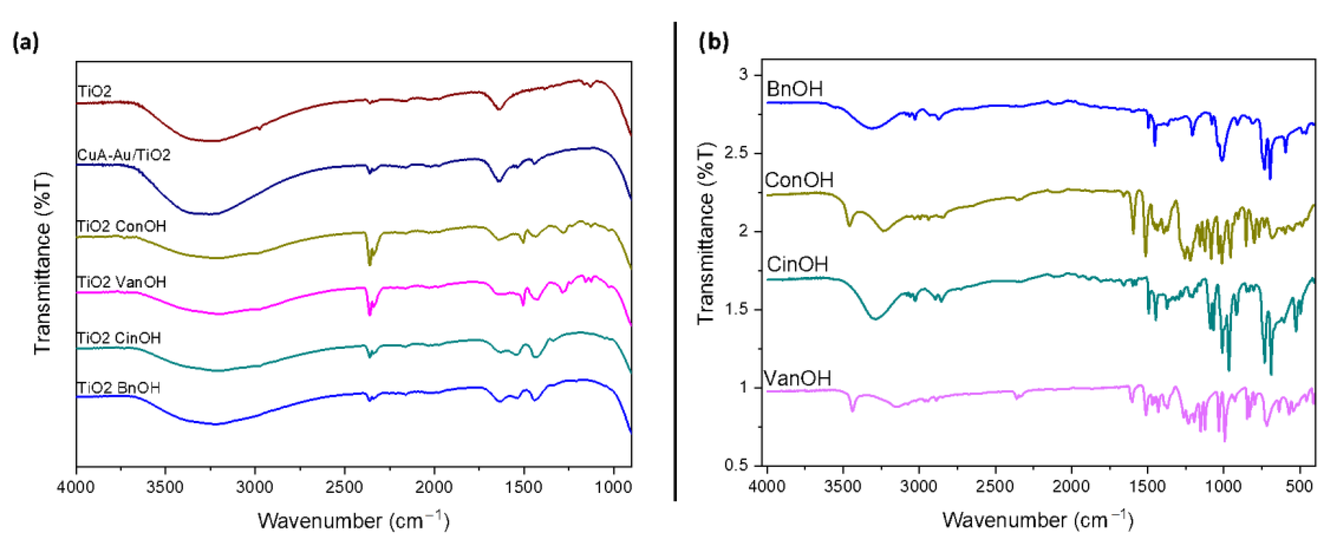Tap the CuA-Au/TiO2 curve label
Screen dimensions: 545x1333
point(124,155)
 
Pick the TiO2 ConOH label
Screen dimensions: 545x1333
point(122,226)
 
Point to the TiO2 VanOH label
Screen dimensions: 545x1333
point(122,282)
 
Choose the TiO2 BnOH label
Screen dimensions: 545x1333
point(118,388)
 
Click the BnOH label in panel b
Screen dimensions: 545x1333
point(794,89)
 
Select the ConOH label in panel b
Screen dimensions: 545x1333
point(799,180)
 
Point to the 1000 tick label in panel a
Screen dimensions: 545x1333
point(613,488)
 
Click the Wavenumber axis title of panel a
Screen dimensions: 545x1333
point(353,520)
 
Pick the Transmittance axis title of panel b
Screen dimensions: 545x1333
point(706,233)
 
